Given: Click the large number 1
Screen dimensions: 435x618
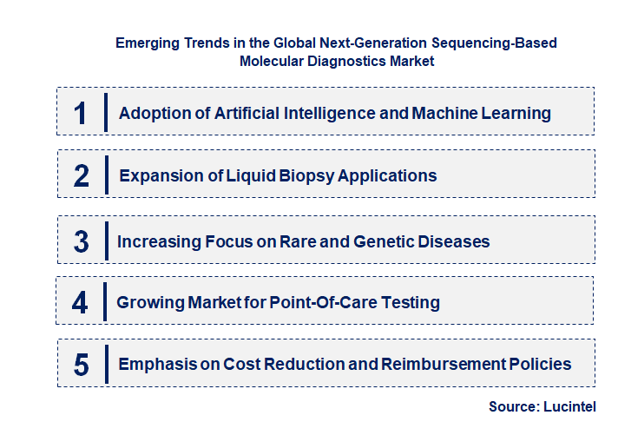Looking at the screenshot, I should pos(81,113).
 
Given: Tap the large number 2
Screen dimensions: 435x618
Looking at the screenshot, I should pos(82,175).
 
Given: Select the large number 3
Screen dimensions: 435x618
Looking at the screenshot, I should pos(82,241).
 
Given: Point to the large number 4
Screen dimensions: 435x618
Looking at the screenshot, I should pos(81,302).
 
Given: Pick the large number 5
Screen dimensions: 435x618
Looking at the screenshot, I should pos(82,365).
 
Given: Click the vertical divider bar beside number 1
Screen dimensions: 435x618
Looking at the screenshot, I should pos(105,113).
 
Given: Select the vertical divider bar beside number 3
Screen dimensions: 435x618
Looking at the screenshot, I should pos(104,241).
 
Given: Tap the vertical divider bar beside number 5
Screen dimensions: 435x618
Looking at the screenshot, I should pos(104,365).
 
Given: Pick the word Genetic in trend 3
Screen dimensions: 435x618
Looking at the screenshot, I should pos(392,241).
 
